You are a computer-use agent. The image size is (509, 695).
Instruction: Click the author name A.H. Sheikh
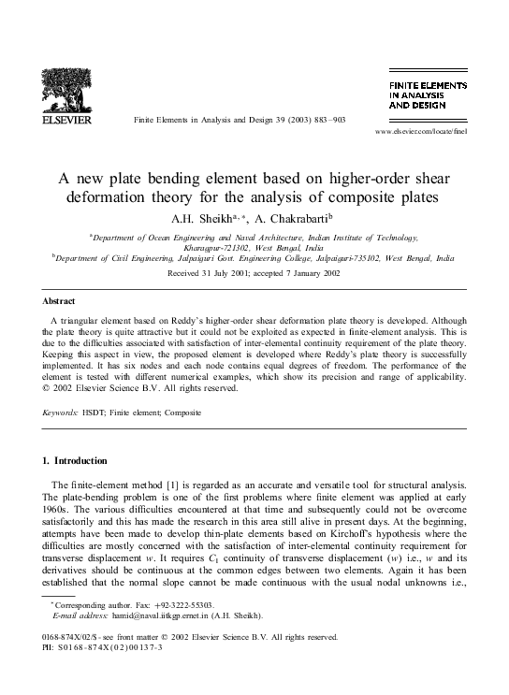click(x=219, y=217)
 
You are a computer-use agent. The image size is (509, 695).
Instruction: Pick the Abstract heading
click(x=60, y=301)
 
